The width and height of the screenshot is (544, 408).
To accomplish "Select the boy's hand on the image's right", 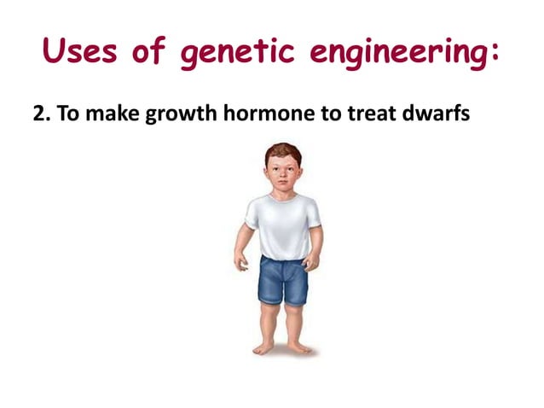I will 315,258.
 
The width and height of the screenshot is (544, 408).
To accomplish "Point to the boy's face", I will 280,175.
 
